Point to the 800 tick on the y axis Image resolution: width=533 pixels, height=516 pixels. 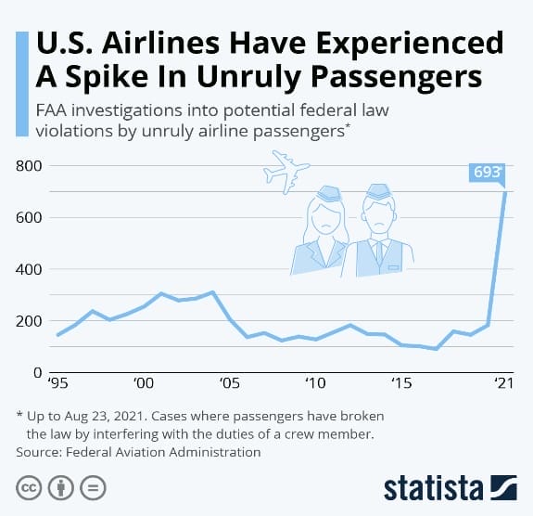click(30, 166)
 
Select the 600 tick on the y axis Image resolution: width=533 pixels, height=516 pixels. click(30, 218)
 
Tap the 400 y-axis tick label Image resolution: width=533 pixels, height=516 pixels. click(30, 270)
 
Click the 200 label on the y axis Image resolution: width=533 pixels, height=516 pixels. click(30, 321)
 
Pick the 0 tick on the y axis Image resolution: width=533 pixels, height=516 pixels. click(38, 373)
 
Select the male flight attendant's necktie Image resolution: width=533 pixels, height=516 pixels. click(378, 252)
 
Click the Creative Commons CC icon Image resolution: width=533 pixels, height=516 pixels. click(28, 487)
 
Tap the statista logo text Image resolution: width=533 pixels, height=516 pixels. click(433, 487)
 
